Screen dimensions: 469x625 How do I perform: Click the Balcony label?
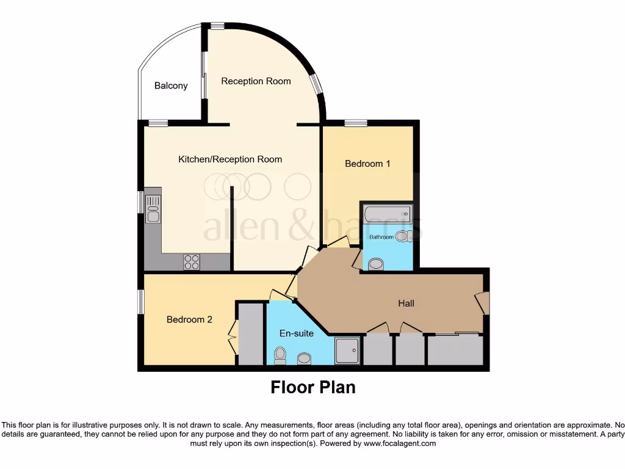171,86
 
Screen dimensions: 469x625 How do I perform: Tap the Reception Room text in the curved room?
256,81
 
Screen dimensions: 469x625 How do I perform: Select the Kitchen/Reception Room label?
230,159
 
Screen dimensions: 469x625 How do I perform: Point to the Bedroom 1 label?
367,164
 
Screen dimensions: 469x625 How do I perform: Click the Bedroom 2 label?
189,319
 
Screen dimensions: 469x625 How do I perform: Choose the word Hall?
406,303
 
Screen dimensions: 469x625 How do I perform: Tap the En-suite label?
297,333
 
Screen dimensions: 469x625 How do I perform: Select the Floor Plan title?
312,387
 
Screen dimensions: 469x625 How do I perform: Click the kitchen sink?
153,207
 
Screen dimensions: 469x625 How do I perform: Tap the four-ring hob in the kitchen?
192,261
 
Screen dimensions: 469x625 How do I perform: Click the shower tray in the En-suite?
347,352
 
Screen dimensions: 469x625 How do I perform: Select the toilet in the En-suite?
280,355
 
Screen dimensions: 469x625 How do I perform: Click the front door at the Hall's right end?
483,303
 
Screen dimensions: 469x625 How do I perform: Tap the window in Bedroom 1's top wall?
355,123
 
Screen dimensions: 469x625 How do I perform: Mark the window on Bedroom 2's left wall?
140,302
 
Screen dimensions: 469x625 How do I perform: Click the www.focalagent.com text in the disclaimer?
399,443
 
